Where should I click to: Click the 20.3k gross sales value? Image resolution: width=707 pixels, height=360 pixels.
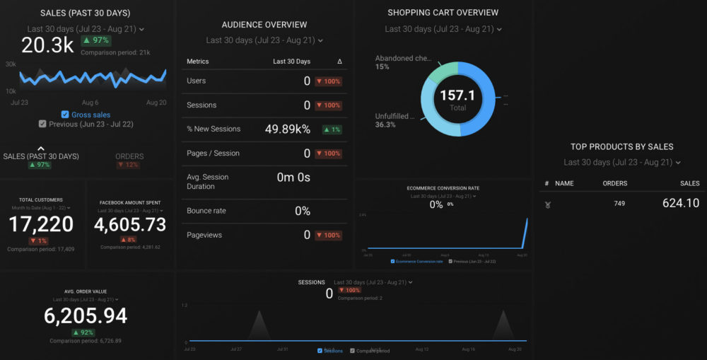47,45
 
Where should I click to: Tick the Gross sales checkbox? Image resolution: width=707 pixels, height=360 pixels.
65,115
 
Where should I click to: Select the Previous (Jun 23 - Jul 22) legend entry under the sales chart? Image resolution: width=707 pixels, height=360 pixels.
86,124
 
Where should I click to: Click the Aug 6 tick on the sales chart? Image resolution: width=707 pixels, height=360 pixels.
90,103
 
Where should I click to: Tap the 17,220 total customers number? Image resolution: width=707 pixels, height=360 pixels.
41,224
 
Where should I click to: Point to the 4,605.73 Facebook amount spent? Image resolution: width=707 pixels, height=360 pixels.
130,224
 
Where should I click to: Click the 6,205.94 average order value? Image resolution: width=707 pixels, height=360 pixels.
86,315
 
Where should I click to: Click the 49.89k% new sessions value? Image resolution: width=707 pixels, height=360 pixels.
277,129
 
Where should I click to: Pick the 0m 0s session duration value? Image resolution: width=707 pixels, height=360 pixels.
293,177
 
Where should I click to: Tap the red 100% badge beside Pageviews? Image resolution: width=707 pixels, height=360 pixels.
328,235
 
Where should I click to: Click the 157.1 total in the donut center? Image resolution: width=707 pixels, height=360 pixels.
457,96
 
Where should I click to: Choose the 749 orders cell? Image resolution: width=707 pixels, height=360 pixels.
619,204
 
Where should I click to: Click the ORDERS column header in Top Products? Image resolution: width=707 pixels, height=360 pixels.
614,183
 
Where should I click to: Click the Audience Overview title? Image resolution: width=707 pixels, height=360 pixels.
264,25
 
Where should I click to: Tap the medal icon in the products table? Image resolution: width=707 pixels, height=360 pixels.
547,204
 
